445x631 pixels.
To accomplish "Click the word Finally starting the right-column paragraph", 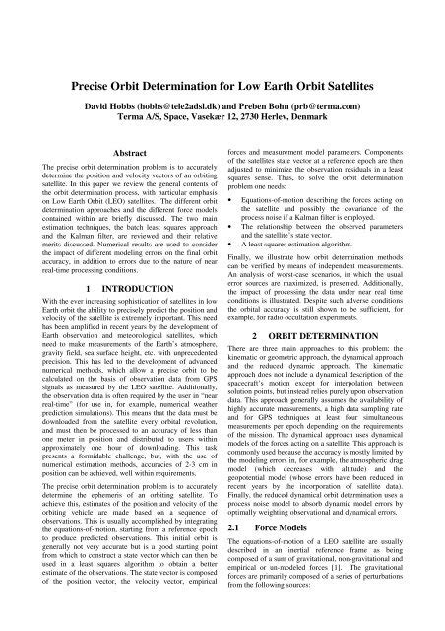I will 253,271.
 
